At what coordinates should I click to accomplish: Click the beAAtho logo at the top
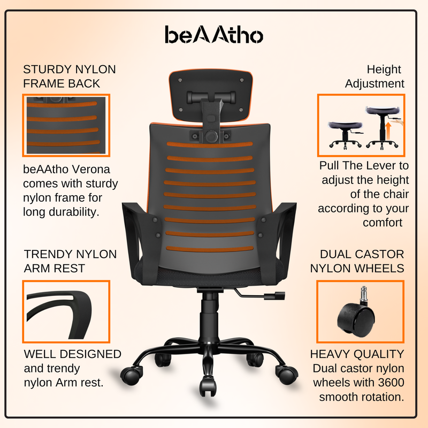pyautogui.click(x=213, y=35)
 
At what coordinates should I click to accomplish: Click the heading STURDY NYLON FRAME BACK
pyautogui.click(x=69, y=77)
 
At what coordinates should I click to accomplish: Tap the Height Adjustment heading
pyautogui.click(x=374, y=77)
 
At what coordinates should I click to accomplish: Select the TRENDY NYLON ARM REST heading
pyautogui.click(x=70, y=261)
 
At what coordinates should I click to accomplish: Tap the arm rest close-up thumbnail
pyautogui.click(x=66, y=311)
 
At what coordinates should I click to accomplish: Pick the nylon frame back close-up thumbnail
pyautogui.click(x=66, y=124)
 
